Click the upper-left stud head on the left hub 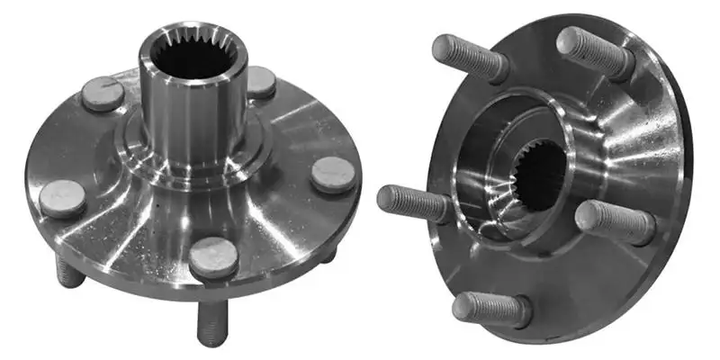[x=100, y=91]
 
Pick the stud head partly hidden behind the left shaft [x=260, y=82]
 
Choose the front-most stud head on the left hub [x=213, y=257]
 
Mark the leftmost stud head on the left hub [x=62, y=198]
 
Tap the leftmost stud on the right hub [x=409, y=200]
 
